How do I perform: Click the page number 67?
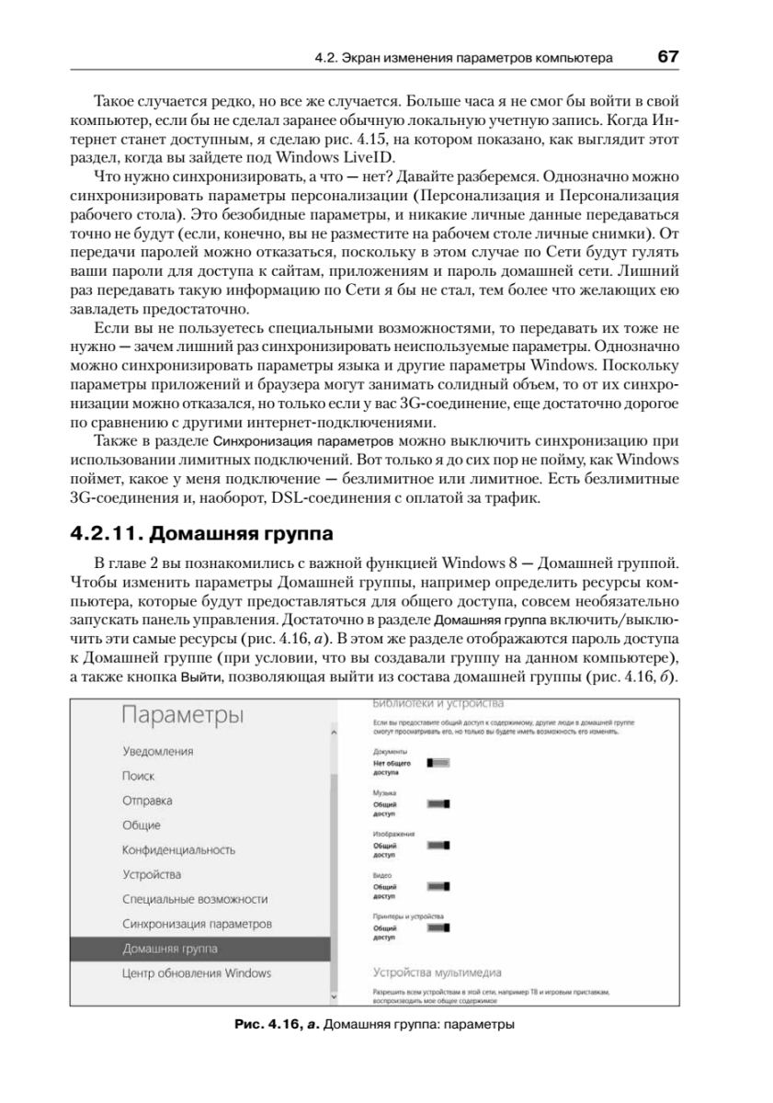click(667, 57)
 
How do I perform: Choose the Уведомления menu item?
click(158, 752)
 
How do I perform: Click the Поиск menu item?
click(138, 776)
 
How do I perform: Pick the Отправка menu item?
click(147, 801)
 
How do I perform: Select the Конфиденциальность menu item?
click(179, 850)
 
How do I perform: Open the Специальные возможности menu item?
click(195, 899)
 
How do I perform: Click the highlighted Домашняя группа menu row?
click(199, 949)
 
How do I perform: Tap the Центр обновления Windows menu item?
click(197, 972)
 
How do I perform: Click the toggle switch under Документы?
click(438, 763)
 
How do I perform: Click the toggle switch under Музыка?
click(438, 803)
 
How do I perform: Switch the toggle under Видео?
click(438, 887)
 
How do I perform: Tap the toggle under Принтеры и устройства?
click(438, 929)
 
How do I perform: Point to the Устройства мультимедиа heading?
click(438, 972)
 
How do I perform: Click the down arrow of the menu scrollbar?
click(334, 995)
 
